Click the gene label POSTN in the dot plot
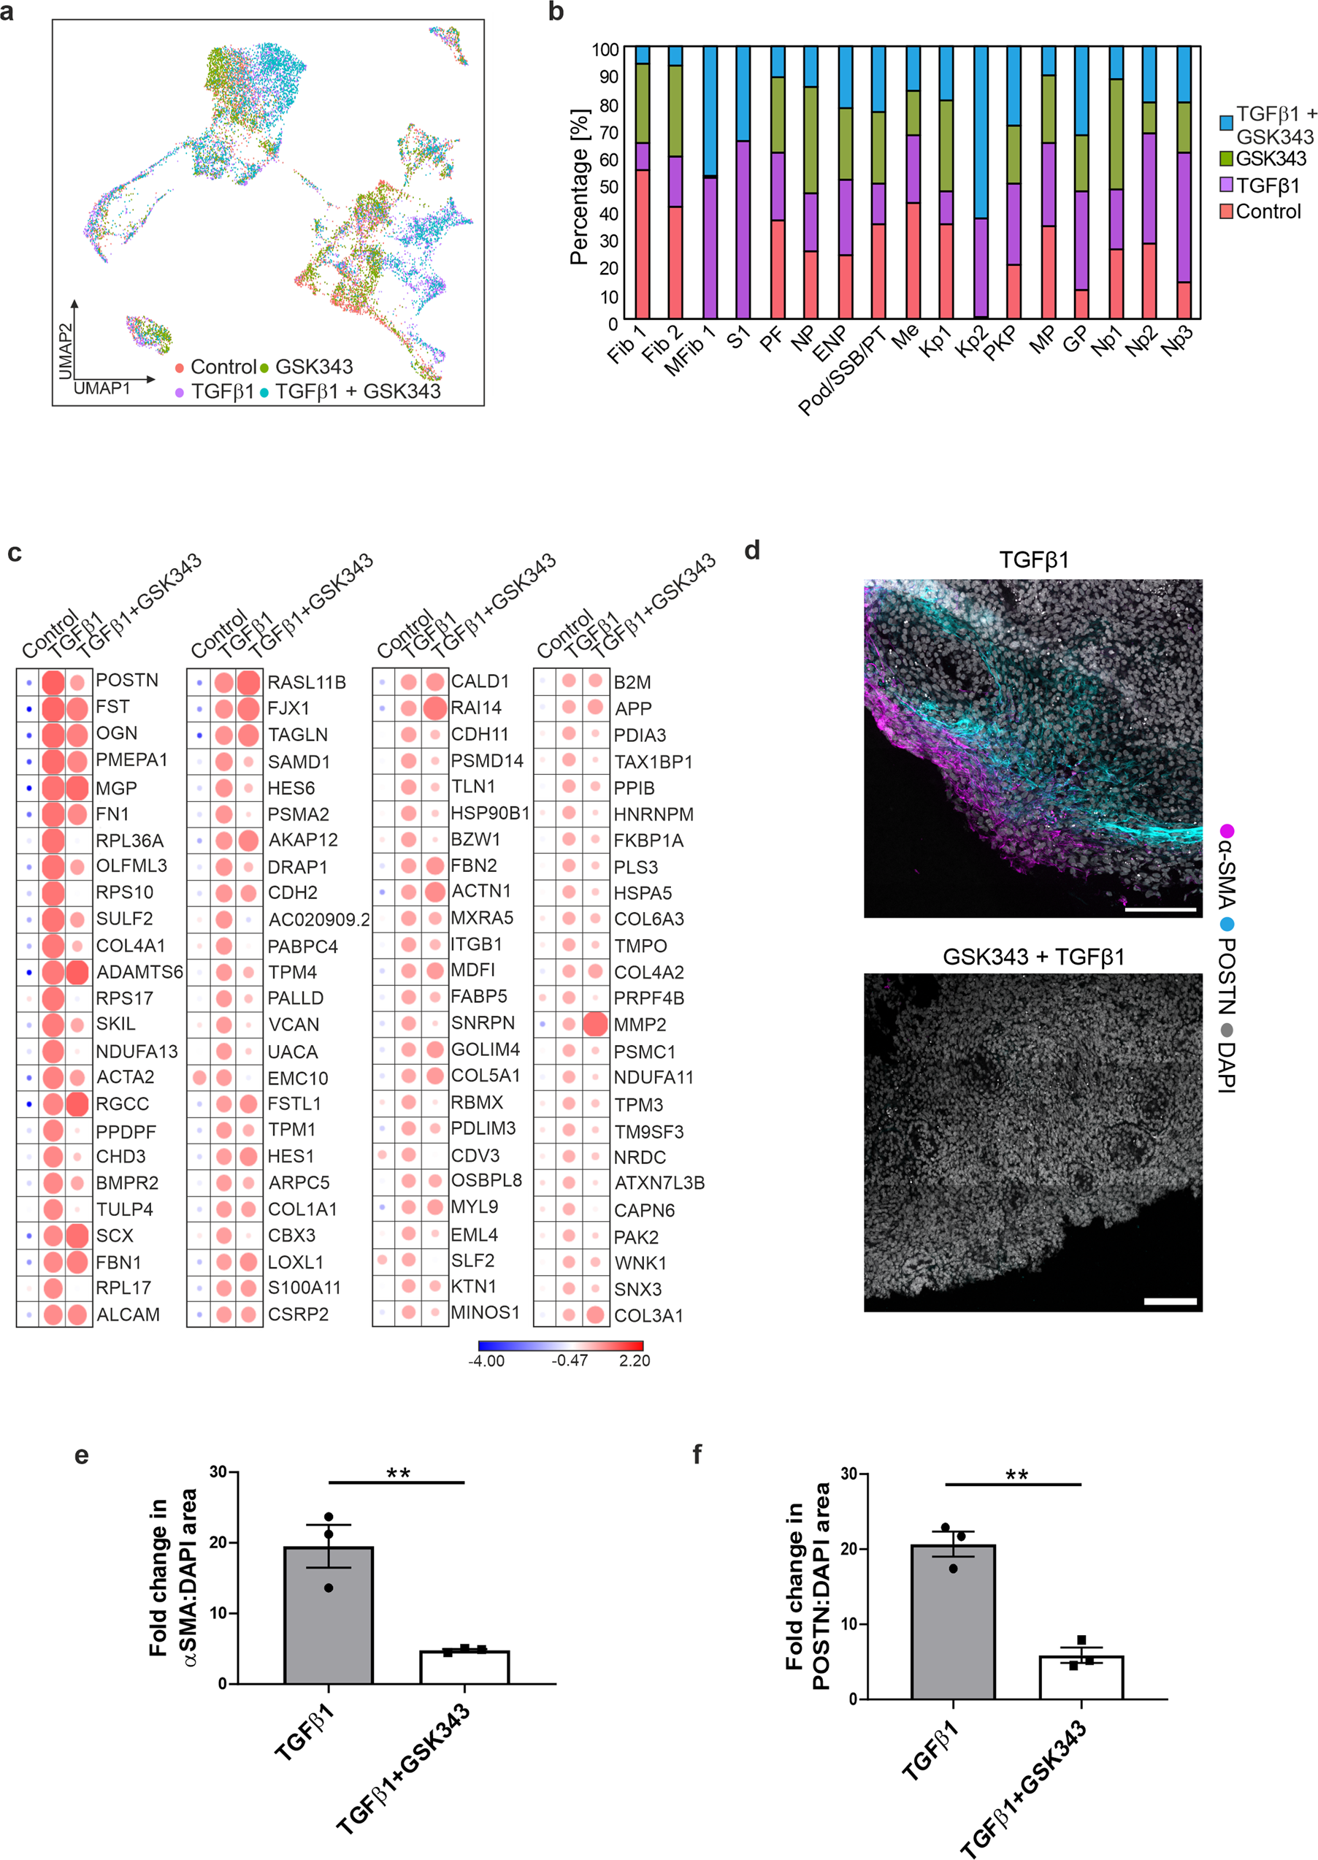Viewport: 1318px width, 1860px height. click(x=126, y=680)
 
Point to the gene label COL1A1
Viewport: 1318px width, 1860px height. click(x=302, y=1209)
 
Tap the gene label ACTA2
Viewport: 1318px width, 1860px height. click(x=125, y=1077)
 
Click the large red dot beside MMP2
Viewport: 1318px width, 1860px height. click(x=595, y=1024)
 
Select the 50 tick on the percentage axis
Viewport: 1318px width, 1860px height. click(x=608, y=187)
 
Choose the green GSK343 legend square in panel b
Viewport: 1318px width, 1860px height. click(x=1226, y=159)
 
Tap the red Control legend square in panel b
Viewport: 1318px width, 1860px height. click(x=1226, y=212)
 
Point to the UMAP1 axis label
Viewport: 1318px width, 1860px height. click(x=102, y=389)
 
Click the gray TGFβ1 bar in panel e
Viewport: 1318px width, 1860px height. click(x=328, y=1615)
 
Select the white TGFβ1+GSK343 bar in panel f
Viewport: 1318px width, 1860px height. click(x=1081, y=1677)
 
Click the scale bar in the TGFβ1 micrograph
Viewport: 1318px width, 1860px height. click(x=1160, y=910)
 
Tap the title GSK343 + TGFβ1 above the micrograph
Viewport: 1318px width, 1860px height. click(x=1033, y=957)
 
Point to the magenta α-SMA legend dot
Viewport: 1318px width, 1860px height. click(x=1226, y=831)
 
